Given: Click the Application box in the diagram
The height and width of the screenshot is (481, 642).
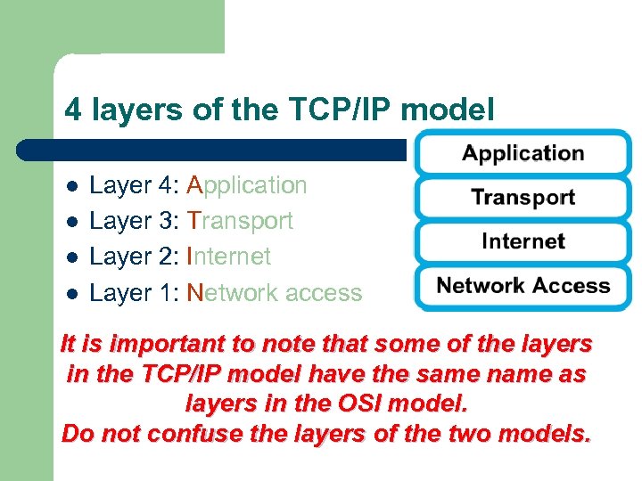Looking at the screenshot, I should click(523, 153).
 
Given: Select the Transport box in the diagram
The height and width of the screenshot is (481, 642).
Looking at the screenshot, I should click(523, 197).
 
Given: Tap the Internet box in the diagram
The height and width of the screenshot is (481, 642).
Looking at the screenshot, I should click(523, 241).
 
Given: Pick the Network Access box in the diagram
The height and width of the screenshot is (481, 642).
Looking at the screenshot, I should click(523, 286).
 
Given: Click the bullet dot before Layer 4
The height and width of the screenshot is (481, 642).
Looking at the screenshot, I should click(72, 186).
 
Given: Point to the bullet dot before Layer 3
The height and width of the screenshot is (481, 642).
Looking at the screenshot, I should click(72, 222).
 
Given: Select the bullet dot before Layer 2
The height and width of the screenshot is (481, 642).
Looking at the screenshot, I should click(72, 257).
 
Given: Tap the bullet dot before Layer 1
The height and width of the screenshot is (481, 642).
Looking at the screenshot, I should click(72, 293).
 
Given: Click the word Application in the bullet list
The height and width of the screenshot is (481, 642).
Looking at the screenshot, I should click(247, 186).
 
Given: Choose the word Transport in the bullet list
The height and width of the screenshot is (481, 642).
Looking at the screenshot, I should click(240, 221).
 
